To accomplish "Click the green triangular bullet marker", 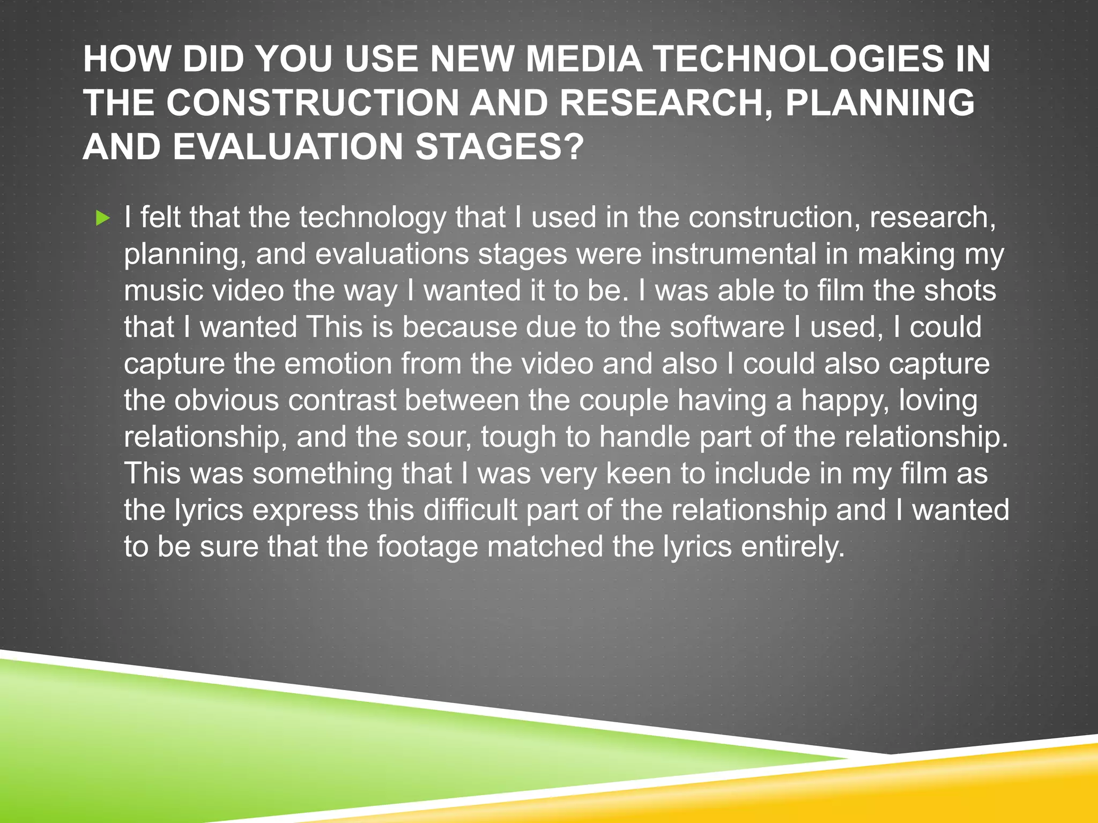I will point(103,218).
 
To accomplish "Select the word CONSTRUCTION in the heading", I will point(313,102).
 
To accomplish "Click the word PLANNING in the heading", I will point(880,102).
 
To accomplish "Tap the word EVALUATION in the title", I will point(288,146).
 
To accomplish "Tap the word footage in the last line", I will point(427,547).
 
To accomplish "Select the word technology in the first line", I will point(373,218).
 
